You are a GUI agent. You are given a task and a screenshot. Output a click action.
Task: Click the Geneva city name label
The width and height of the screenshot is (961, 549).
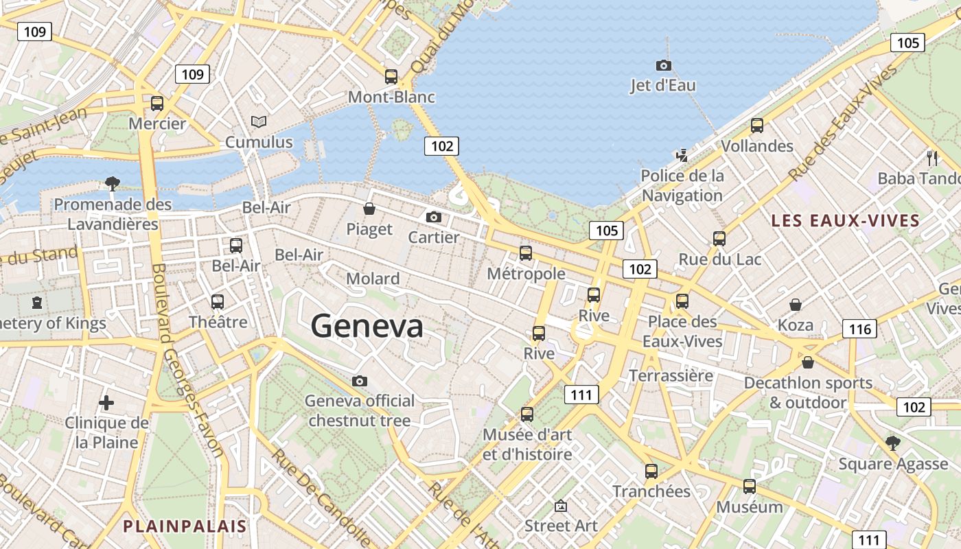point(367,326)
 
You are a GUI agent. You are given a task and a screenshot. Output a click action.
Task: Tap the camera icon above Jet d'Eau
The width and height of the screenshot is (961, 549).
point(664,66)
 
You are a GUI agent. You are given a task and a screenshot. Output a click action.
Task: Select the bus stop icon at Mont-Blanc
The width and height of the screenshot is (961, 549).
point(391,77)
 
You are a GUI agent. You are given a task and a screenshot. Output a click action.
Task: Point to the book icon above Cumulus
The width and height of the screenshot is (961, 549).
point(259,122)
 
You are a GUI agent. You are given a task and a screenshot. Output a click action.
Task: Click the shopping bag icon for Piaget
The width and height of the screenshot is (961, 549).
point(369,209)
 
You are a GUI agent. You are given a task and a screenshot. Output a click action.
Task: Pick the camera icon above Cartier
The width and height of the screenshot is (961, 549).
point(434,218)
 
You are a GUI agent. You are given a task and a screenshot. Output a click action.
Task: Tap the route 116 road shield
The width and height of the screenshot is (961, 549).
point(859,329)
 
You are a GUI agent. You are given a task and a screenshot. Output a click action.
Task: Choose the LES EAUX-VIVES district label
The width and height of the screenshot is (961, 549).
point(845,221)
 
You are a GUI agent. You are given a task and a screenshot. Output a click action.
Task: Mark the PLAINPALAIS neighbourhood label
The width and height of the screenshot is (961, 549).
point(184,526)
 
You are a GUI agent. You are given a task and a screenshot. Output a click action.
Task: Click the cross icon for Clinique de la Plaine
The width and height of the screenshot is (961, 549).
point(106,403)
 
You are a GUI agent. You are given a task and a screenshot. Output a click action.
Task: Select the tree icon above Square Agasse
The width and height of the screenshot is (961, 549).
point(892,443)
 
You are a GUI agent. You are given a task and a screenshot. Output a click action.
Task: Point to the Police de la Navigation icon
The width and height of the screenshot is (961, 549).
point(682,155)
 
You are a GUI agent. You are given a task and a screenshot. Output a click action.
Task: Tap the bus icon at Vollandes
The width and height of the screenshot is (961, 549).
point(757,126)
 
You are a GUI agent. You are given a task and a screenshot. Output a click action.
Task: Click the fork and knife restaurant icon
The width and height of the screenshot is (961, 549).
point(932,159)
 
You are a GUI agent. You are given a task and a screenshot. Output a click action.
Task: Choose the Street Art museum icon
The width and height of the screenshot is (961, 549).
point(561,506)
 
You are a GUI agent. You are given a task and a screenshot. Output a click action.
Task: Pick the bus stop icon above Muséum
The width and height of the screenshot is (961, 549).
point(750,487)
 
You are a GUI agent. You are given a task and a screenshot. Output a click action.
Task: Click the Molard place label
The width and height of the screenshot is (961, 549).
point(373,279)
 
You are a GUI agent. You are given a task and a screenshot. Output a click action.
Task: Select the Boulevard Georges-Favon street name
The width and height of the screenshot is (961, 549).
point(186,360)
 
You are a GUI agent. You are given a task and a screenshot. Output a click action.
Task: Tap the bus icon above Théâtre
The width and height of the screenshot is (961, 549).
point(218,301)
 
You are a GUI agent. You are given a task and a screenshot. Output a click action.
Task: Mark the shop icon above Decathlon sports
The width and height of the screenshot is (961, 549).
point(808,362)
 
